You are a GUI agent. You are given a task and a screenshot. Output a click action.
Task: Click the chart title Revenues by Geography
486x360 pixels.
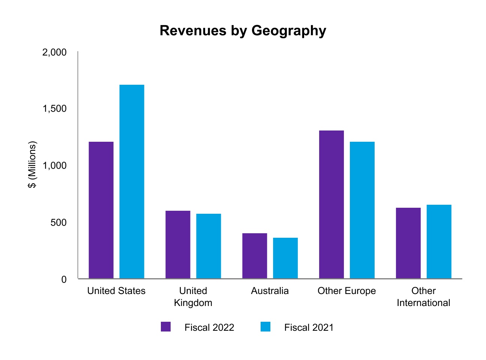coord(243,31)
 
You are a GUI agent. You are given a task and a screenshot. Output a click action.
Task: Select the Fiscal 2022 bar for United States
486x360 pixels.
coord(101,210)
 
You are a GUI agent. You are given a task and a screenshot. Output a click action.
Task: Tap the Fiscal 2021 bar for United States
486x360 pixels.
coord(132,181)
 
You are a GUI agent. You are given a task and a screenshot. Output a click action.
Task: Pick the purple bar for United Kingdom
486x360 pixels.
coord(178,244)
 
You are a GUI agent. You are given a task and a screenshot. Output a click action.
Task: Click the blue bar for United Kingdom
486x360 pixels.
coord(208,246)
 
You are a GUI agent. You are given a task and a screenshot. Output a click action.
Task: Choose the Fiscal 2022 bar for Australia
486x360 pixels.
coord(255,256)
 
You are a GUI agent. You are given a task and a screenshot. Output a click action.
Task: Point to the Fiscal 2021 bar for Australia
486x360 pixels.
coord(285,258)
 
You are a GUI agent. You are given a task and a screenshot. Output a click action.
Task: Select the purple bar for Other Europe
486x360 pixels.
coord(331,204)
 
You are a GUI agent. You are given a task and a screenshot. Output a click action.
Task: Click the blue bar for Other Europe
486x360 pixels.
coord(362,210)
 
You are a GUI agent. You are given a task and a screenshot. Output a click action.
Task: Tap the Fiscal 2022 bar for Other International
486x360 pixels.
coord(408,243)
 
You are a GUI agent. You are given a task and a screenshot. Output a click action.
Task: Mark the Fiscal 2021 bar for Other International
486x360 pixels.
coord(439,241)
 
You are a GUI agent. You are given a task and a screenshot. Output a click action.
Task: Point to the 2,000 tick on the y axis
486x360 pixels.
coord(54,52)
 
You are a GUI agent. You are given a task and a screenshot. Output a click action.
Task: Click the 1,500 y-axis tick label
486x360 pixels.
coord(54,109)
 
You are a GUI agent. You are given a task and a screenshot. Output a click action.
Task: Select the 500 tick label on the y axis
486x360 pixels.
coord(58,223)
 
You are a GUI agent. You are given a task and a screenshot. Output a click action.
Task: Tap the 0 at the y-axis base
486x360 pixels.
coord(64,279)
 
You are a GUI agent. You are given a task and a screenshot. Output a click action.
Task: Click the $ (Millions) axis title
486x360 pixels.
coord(33,165)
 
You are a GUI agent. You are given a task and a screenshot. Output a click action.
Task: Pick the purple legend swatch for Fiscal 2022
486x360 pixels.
coord(166,327)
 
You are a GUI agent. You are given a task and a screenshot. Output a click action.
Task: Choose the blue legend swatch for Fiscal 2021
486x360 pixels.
coord(265,327)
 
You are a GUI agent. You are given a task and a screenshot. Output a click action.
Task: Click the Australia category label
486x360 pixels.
coord(270,291)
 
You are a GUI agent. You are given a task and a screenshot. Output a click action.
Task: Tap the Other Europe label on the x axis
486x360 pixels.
coord(346,291)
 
